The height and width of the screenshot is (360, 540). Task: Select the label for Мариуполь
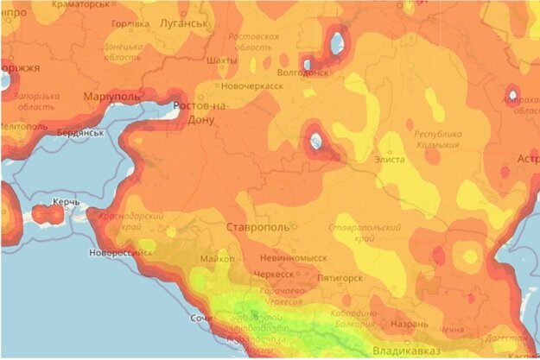[x=111, y=98]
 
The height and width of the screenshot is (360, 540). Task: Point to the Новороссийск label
[x=120, y=253]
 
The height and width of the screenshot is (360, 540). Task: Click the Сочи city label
[x=201, y=319]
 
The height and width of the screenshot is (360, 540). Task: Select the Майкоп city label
[x=217, y=258]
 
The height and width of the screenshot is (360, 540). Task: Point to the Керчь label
[x=67, y=202]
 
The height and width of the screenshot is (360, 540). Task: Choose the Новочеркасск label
[x=252, y=86]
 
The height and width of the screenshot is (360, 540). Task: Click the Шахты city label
[x=223, y=60]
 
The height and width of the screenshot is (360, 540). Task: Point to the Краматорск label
[x=81, y=3]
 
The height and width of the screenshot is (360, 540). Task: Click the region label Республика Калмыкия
[x=438, y=141]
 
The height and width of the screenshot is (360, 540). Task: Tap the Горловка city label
[x=131, y=24]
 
